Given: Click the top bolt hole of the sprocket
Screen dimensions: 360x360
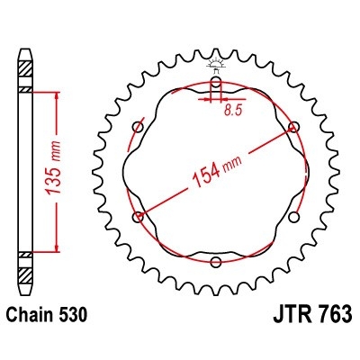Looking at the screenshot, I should click(216, 83).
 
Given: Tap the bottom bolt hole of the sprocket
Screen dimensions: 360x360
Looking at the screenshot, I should click(216, 262).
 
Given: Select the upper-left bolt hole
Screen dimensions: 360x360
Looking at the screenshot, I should click(138, 126).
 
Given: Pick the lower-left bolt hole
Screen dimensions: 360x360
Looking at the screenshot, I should click(138, 217).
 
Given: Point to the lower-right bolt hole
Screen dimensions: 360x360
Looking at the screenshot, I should click(294, 217).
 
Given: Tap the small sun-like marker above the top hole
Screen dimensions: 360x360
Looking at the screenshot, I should click(216, 62).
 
